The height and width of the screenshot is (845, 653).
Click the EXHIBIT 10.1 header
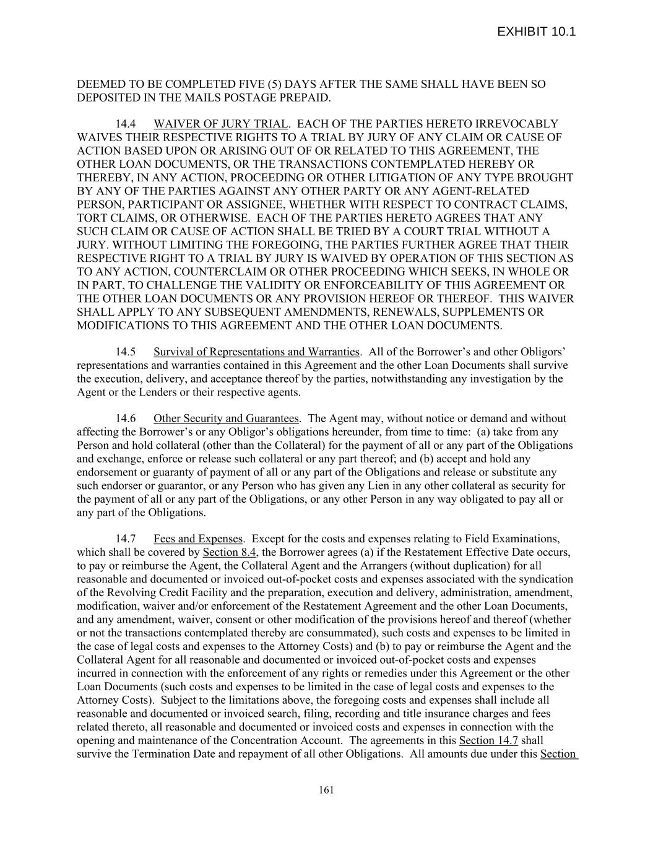(x=536, y=32)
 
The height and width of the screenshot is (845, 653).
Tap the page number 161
(x=326, y=789)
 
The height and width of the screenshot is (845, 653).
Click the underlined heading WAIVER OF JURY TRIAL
(x=220, y=124)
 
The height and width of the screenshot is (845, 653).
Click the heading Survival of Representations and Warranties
(x=256, y=352)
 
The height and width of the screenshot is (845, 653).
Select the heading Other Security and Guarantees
(x=226, y=418)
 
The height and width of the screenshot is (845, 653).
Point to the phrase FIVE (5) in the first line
(x=260, y=84)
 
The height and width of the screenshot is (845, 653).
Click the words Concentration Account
(x=287, y=740)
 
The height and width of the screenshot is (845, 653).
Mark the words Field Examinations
(x=512, y=539)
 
